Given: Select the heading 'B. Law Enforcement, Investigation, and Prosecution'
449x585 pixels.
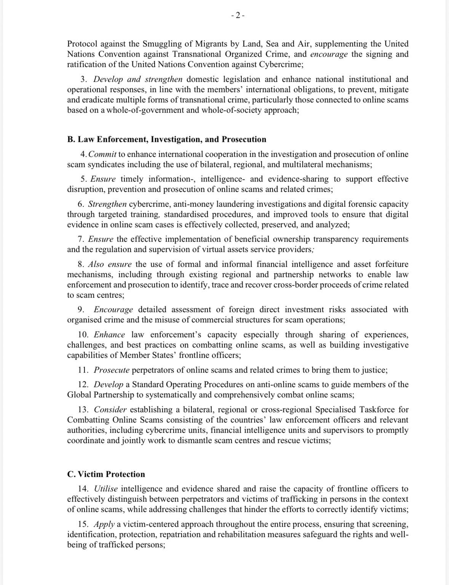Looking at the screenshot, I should (167, 139).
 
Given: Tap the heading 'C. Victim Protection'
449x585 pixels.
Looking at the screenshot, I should (106, 474).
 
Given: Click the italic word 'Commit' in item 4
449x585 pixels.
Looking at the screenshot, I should (102, 154).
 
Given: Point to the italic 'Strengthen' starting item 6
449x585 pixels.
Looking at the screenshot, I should (107, 204).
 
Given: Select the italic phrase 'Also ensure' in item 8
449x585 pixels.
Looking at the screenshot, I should (110, 264).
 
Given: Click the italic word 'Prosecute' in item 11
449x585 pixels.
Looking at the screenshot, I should (112, 370).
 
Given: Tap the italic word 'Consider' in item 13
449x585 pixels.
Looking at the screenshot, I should (110, 410).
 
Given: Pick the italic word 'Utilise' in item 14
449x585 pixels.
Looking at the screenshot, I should (106, 489).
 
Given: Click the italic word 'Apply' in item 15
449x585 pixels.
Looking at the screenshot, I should (104, 524).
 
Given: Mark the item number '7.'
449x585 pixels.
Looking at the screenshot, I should (81, 239).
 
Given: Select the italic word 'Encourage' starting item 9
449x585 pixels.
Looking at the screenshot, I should (113, 310).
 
